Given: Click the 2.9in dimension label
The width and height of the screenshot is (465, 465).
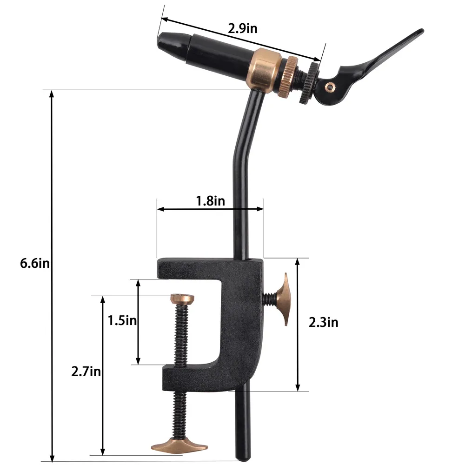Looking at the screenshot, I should pyautogui.click(x=242, y=28).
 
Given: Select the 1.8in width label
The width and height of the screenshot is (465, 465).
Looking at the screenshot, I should pyautogui.click(x=210, y=201).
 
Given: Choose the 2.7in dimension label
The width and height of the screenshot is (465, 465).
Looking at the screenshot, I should pyautogui.click(x=86, y=372).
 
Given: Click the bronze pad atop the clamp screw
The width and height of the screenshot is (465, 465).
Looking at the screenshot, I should pyautogui.click(x=182, y=298).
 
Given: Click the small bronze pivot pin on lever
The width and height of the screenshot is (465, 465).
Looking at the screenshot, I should pyautogui.click(x=330, y=86).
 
